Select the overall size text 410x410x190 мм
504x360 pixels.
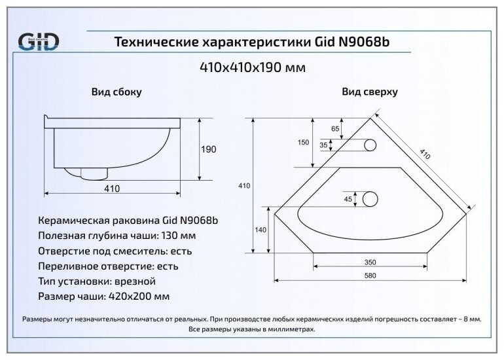point(252,67)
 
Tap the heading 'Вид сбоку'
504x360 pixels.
point(116,92)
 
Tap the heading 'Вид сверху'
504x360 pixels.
point(370,92)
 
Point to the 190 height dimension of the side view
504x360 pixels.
point(207,149)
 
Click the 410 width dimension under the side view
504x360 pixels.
point(111,189)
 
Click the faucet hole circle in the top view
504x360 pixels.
point(370,145)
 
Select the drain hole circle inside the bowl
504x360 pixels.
point(370,198)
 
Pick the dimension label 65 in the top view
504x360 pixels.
point(335,129)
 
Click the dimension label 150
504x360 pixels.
point(303,143)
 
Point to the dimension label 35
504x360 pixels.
point(323,145)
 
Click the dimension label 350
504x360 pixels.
point(370,262)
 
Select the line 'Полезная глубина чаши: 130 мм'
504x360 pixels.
point(118,236)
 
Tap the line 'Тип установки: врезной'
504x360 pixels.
point(98,281)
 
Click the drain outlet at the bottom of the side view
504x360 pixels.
point(94,172)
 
